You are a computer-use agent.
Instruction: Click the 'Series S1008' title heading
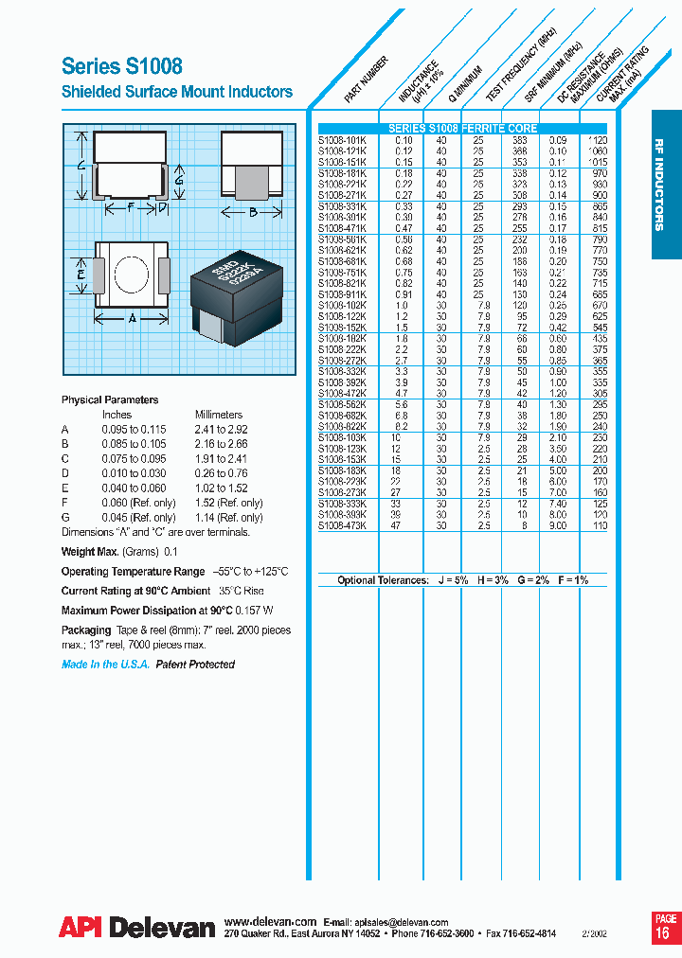click(x=122, y=65)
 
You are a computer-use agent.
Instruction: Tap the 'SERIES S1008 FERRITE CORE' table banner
click(x=462, y=128)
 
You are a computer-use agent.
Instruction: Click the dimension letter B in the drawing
click(x=252, y=212)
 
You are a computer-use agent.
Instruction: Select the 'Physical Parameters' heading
click(x=110, y=399)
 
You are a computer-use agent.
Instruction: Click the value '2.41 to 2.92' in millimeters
click(x=222, y=429)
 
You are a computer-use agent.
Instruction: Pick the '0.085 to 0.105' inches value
click(x=138, y=444)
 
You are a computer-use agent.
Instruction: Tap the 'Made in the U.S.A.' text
click(x=104, y=665)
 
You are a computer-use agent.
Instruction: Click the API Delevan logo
click(x=137, y=929)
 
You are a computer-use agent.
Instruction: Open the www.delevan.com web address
click(x=270, y=921)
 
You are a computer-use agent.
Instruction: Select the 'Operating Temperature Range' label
click(x=133, y=572)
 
